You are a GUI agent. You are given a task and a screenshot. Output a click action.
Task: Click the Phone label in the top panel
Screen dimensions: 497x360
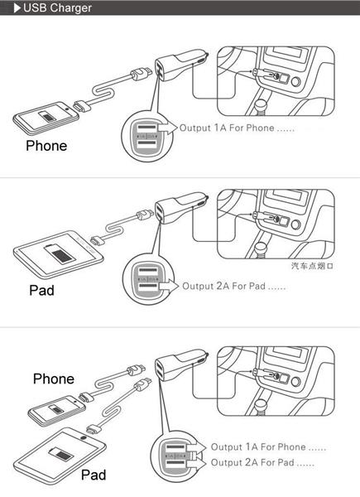click(x=46, y=146)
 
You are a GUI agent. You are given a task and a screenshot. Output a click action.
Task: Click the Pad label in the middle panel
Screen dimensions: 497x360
click(x=41, y=291)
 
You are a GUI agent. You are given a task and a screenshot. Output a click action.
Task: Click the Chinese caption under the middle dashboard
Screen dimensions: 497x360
click(x=311, y=267)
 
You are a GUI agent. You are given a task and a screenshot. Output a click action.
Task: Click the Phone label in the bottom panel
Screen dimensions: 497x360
click(x=54, y=379)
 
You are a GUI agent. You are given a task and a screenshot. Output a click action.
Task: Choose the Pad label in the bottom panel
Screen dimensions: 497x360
click(x=93, y=475)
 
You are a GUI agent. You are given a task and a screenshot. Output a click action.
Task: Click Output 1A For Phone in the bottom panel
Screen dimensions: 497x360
click(x=268, y=447)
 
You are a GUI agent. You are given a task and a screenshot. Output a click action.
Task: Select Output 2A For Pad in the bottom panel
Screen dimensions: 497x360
click(x=262, y=462)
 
